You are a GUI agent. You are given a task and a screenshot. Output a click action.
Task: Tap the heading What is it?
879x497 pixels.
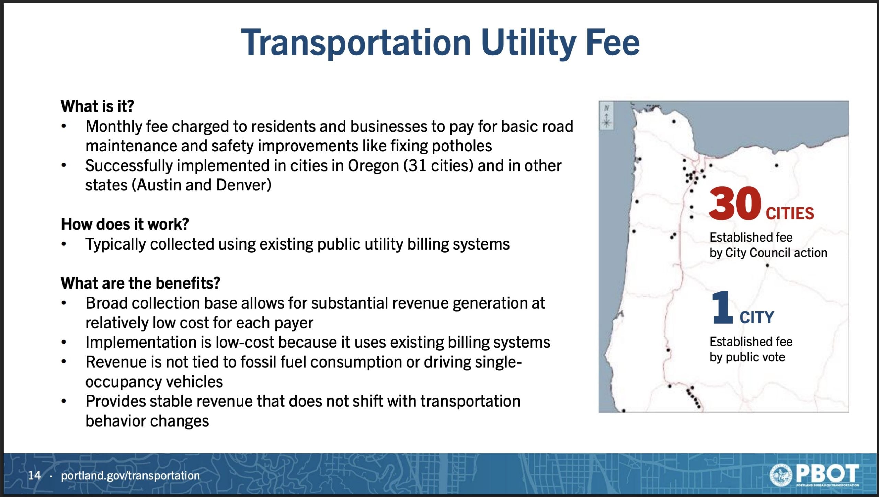click(97, 106)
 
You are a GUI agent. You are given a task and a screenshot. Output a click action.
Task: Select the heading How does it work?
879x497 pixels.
click(125, 224)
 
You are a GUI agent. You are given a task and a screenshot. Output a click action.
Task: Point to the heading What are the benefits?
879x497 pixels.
click(140, 283)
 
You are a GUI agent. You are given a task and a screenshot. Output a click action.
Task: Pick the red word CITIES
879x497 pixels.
click(790, 213)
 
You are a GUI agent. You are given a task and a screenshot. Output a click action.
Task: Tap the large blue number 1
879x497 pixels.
click(722, 308)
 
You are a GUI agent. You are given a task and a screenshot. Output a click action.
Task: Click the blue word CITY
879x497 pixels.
click(757, 317)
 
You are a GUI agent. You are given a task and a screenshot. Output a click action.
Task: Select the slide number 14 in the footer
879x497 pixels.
click(34, 475)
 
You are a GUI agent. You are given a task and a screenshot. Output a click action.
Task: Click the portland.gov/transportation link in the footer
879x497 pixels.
click(130, 476)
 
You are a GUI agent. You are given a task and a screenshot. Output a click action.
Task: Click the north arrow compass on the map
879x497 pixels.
click(607, 116)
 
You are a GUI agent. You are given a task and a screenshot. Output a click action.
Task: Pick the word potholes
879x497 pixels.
click(461, 146)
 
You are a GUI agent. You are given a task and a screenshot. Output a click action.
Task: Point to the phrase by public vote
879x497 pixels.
click(747, 357)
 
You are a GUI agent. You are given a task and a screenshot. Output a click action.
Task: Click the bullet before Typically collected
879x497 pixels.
click(64, 244)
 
